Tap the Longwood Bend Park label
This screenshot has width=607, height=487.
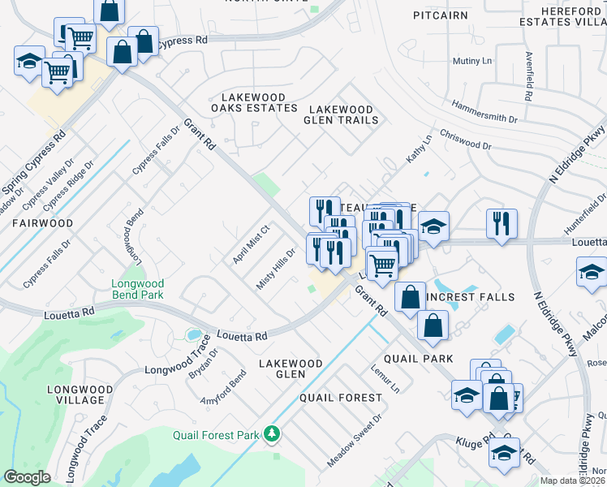(x=138, y=289)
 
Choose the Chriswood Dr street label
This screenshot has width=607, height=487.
(x=465, y=140)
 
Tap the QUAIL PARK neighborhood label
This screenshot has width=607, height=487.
(x=420, y=358)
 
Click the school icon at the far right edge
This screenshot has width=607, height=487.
(x=592, y=272)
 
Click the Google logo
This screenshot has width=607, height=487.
(x=27, y=476)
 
